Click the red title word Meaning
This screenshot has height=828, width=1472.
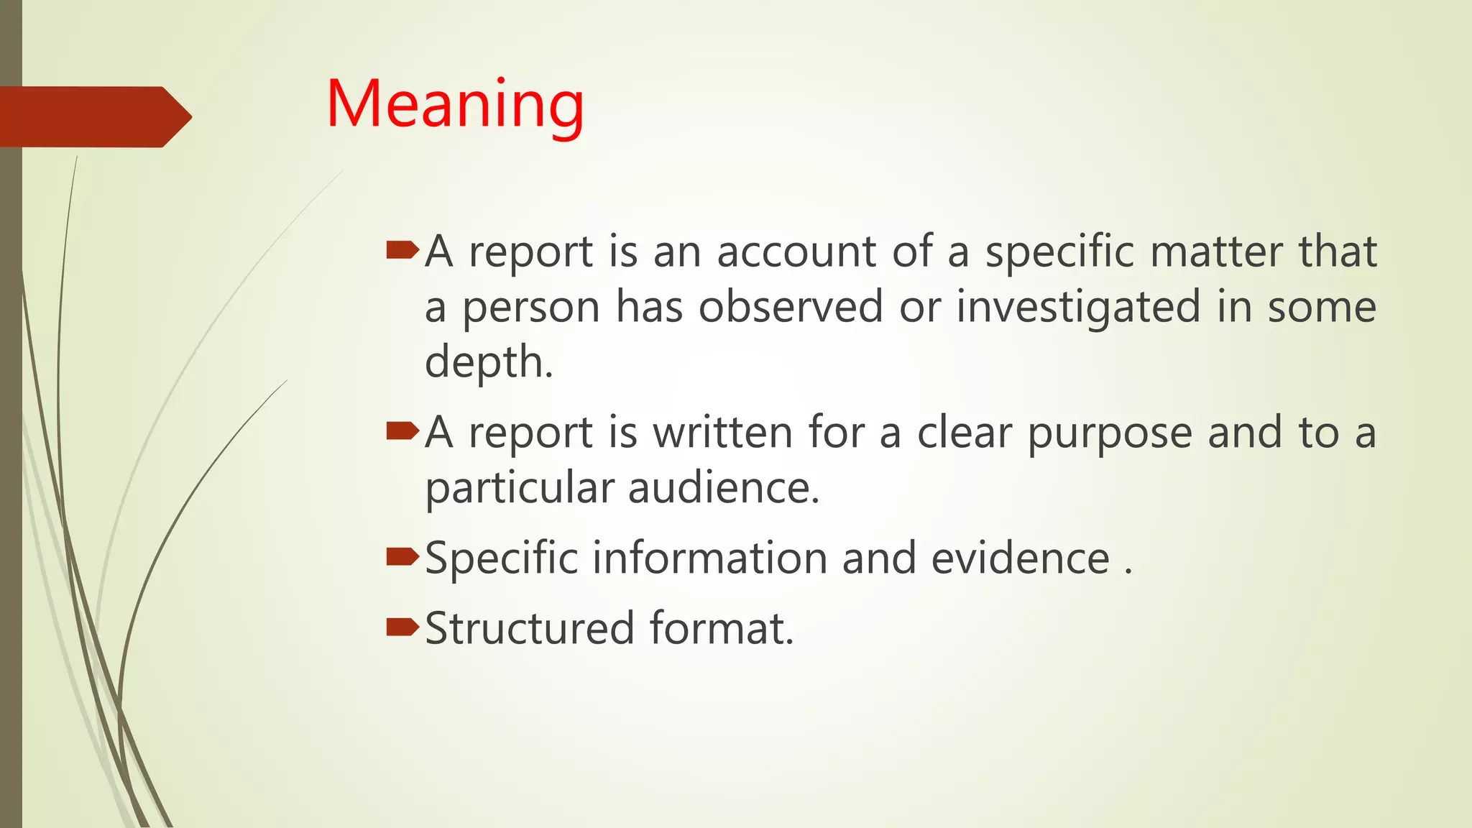click(455, 105)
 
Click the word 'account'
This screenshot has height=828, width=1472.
click(796, 252)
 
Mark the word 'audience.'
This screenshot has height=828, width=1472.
click(724, 488)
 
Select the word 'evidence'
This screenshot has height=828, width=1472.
click(1021, 558)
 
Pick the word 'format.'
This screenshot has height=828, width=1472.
click(722, 629)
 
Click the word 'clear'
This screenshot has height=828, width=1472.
click(964, 433)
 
